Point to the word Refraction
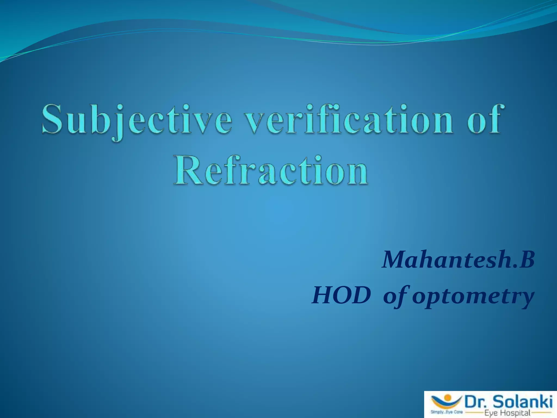(x=271, y=171)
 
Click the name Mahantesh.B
(x=459, y=260)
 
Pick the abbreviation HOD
(x=341, y=296)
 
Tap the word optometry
(x=473, y=297)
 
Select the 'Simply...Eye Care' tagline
(x=446, y=412)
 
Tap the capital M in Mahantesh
(x=394, y=260)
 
